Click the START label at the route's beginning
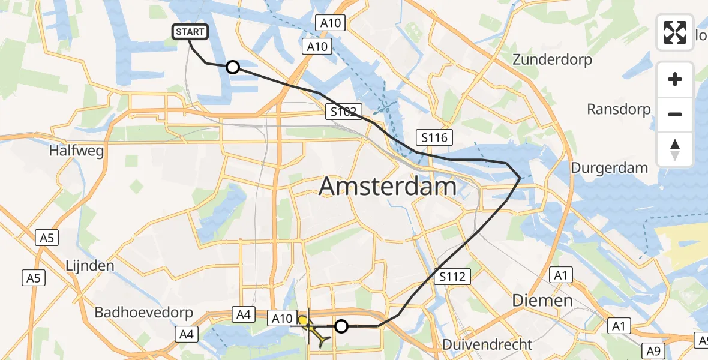pos(190,32)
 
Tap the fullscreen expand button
pos(675,32)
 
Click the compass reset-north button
pos(675,149)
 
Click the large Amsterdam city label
pos(388,186)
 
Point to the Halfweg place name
pos(77,151)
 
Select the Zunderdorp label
pos(552,60)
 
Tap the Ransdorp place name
pos(619,109)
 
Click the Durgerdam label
pos(609,168)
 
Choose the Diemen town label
pos(542,300)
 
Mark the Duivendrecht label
pos(487,344)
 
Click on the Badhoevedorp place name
pos(144,313)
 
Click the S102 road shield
pos(344,111)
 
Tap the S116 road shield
pos(434,137)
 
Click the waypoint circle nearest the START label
pos(232,67)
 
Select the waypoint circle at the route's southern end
pos(341,326)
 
